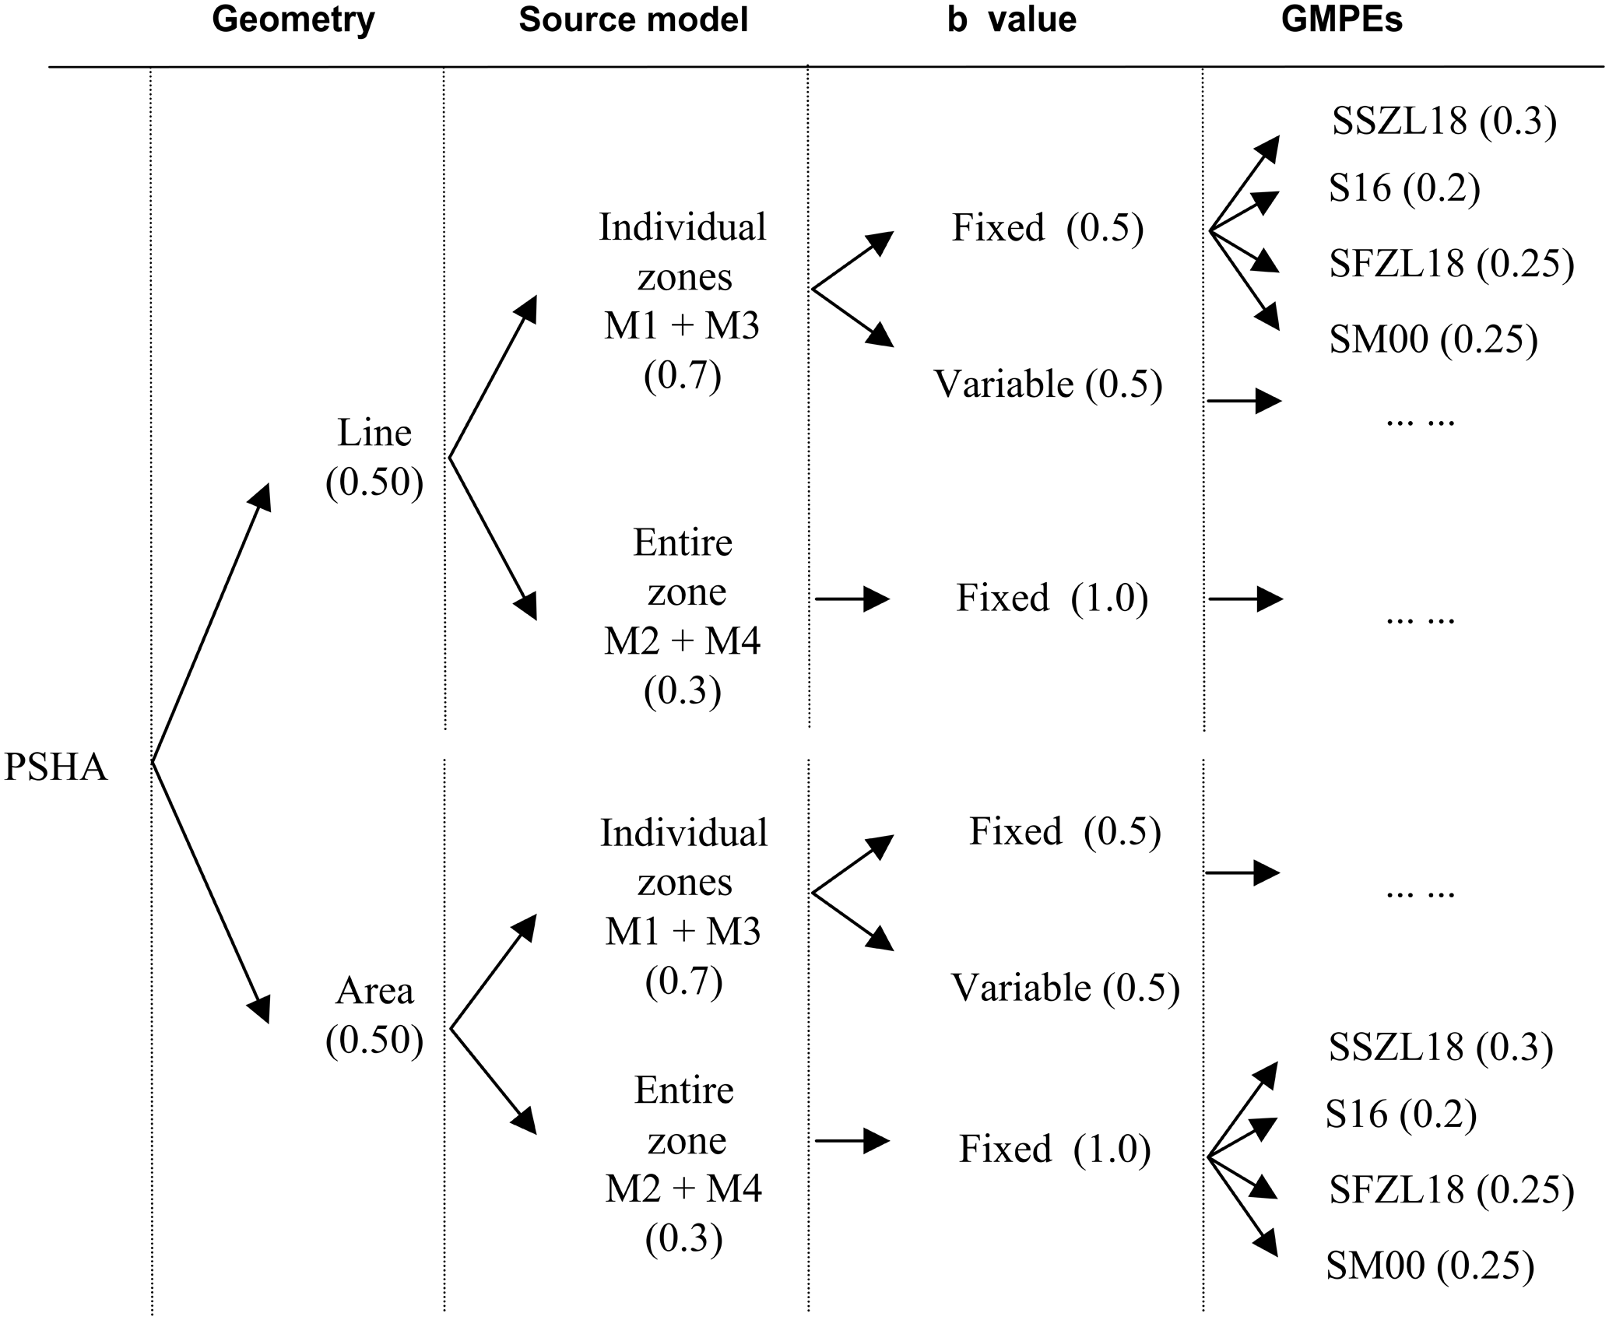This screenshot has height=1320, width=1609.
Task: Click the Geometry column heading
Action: pyautogui.click(x=293, y=20)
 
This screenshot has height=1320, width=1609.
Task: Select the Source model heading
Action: pyautogui.click(x=633, y=20)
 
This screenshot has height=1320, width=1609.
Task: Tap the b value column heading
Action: pyautogui.click(x=1012, y=20)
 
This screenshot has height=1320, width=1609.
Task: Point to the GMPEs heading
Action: pyautogui.click(x=1342, y=20)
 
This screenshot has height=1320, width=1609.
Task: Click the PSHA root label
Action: pyautogui.click(x=56, y=768)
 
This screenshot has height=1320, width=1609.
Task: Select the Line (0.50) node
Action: pyautogui.click(x=374, y=458)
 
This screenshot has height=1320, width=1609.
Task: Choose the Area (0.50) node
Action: pyautogui.click(x=374, y=1016)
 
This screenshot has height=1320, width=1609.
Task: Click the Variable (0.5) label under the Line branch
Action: pyautogui.click(x=1048, y=384)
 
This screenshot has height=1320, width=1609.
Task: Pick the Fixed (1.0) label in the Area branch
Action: pyautogui.click(x=1055, y=1149)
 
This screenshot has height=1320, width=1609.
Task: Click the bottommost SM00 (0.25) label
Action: pyautogui.click(x=1430, y=1266)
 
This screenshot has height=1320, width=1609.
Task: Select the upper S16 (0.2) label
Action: pyautogui.click(x=1403, y=188)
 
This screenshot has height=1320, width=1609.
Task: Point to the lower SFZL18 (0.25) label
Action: pyautogui.click(x=1452, y=1190)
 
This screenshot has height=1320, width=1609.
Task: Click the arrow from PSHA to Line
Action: pyautogui.click(x=210, y=623)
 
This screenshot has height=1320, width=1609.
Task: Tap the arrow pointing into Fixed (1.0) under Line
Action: pyautogui.click(x=852, y=599)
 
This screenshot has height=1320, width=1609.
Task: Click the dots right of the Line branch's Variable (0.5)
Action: pyautogui.click(x=1420, y=421)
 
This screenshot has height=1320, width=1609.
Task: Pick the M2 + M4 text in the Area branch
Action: pyautogui.click(x=683, y=1189)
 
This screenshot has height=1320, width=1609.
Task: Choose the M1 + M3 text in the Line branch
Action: pyautogui.click(x=682, y=327)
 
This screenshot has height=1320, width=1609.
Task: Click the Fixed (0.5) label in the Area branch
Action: pyautogui.click(x=1064, y=831)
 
